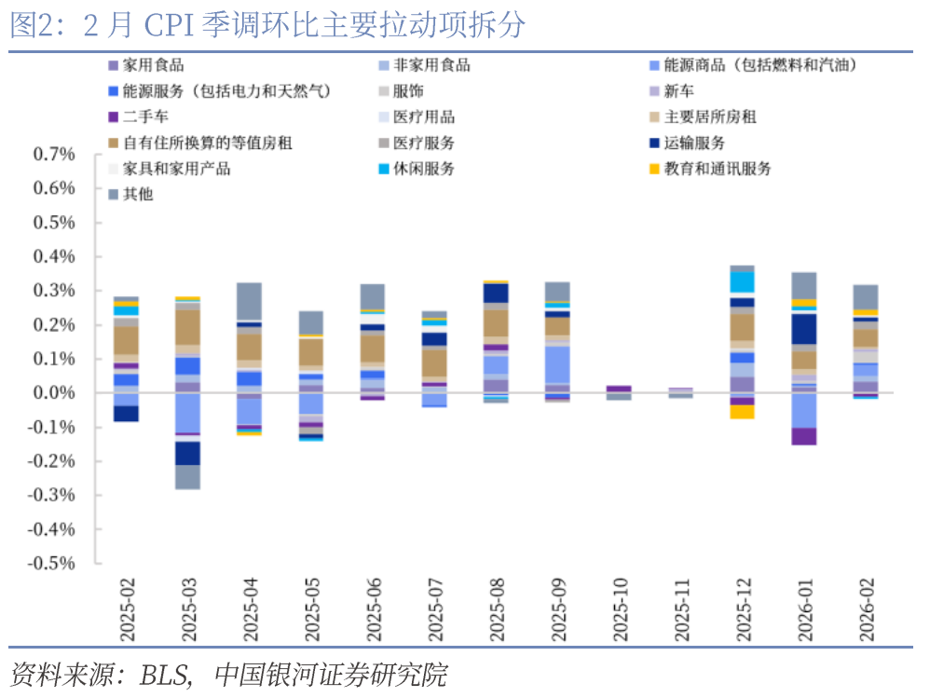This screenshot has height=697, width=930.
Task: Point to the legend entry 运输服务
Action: (694, 143)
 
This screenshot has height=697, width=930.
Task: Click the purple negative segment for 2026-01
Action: (803, 437)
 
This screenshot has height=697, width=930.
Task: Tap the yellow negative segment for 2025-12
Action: (743, 412)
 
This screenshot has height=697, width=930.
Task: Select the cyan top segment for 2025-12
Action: (743, 282)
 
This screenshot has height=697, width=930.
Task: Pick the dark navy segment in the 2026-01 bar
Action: (803, 329)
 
